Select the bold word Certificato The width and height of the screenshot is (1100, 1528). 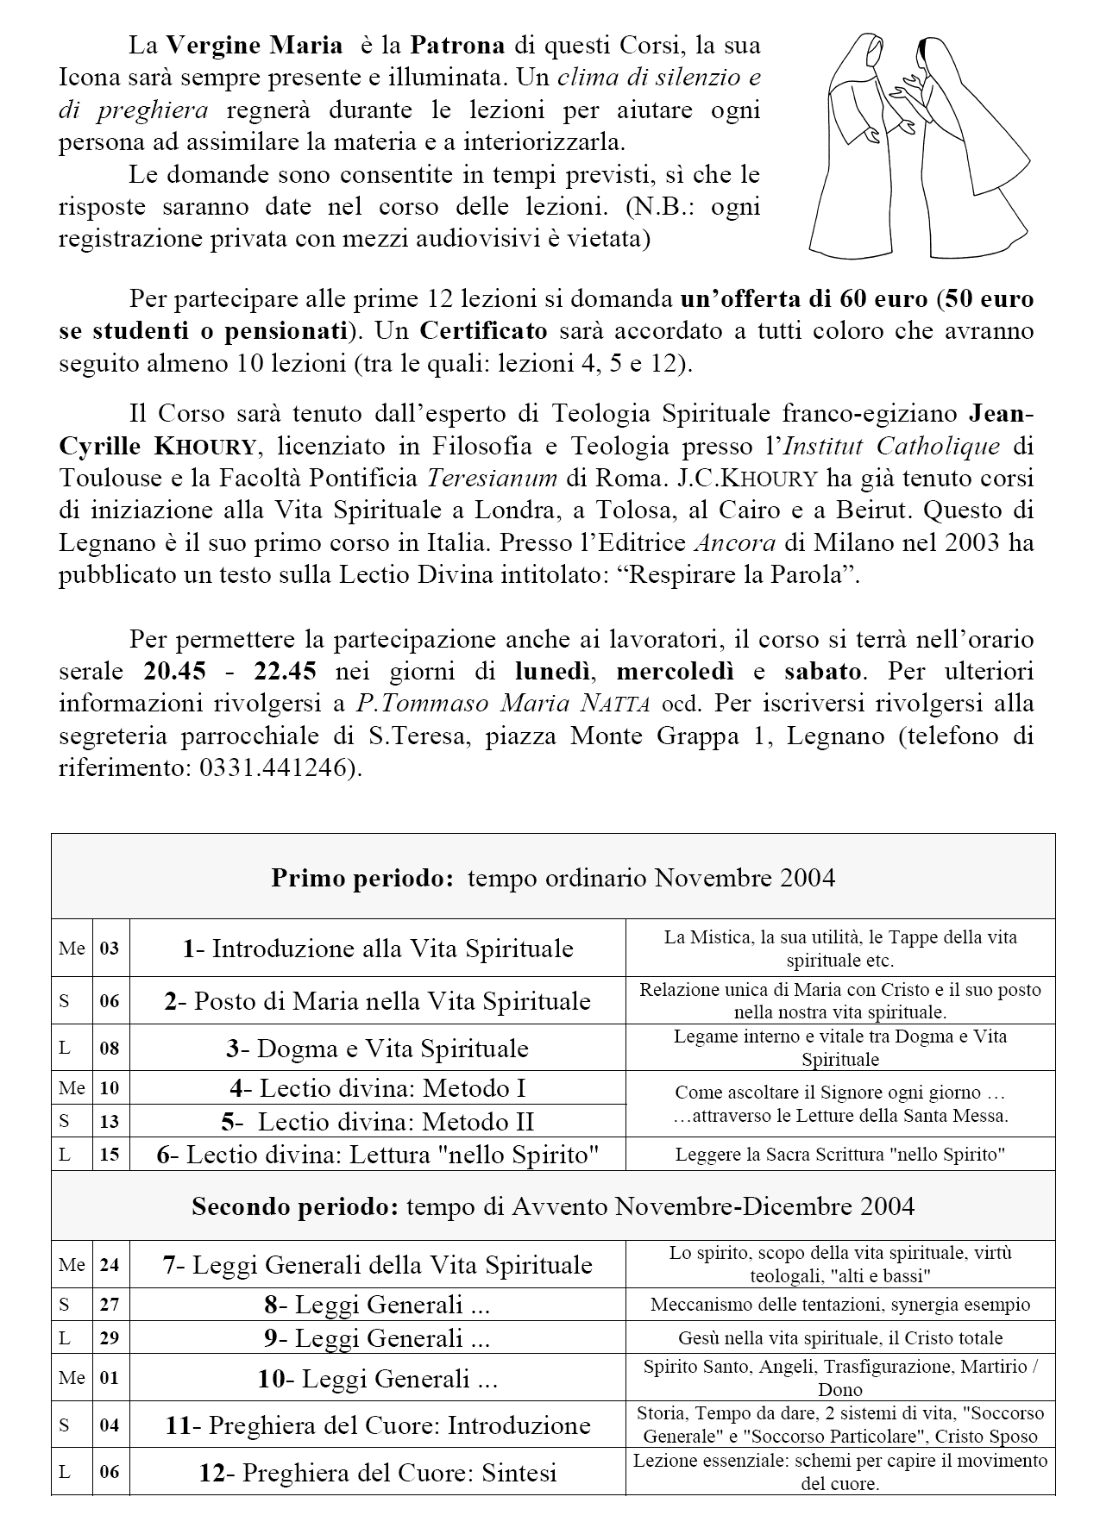pos(483,331)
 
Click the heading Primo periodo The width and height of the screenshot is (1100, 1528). pos(362,878)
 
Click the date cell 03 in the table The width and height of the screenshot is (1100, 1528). pos(110,949)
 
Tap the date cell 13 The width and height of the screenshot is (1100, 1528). pos(110,1122)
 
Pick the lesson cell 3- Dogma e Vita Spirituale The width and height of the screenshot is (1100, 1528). pos(377,1049)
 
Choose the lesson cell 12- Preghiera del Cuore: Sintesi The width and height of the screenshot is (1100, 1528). pos(377,1473)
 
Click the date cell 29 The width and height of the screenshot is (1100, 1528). pos(110,1338)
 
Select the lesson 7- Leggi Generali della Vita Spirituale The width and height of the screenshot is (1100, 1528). pos(377,1265)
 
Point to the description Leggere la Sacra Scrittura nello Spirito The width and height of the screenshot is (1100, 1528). pos(839,1155)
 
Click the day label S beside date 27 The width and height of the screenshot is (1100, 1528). pos(65,1305)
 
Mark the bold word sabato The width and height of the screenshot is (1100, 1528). pos(822,671)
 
